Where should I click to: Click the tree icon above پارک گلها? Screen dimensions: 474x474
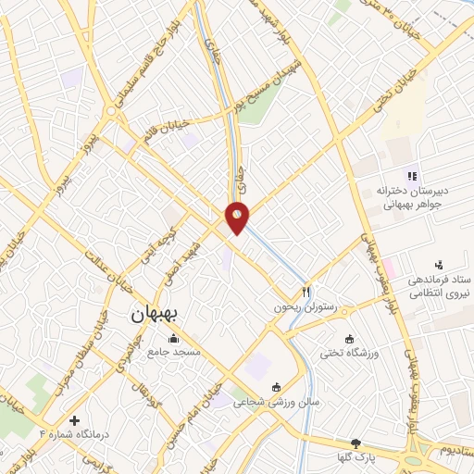pyautogui.click(x=356, y=443)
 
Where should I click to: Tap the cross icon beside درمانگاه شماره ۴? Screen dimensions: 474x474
pyautogui.click(x=74, y=419)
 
